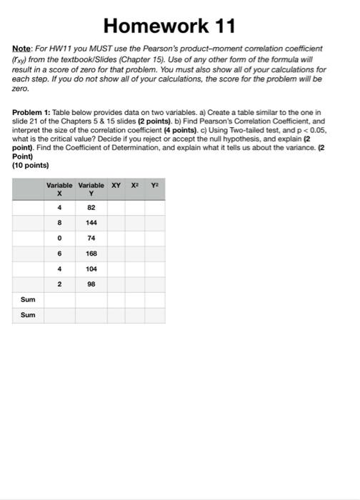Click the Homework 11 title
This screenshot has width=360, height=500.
pyautogui.click(x=179, y=27)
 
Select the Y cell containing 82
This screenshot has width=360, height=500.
pyautogui.click(x=91, y=208)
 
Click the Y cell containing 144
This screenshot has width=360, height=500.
pyautogui.click(x=91, y=222)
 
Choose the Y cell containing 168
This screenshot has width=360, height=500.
pyautogui.click(x=91, y=252)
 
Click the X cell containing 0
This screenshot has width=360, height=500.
pyautogui.click(x=60, y=237)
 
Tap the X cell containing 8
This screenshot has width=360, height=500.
pyautogui.click(x=60, y=222)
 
